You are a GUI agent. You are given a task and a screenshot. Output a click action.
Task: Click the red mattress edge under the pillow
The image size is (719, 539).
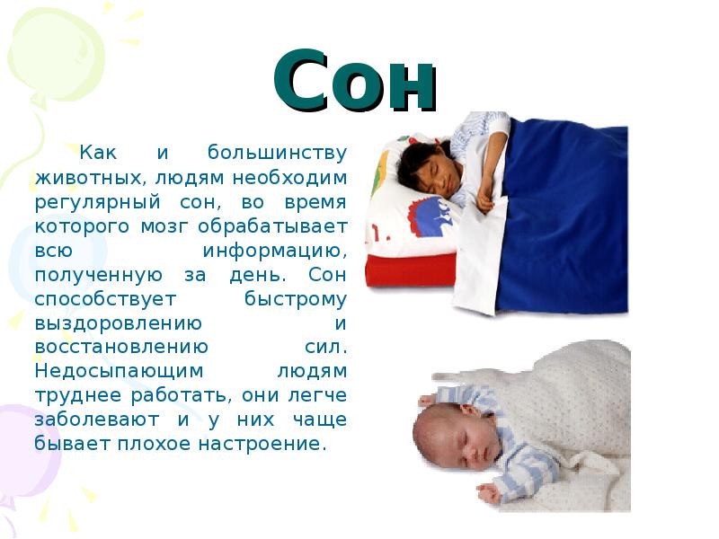tap(409, 269)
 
